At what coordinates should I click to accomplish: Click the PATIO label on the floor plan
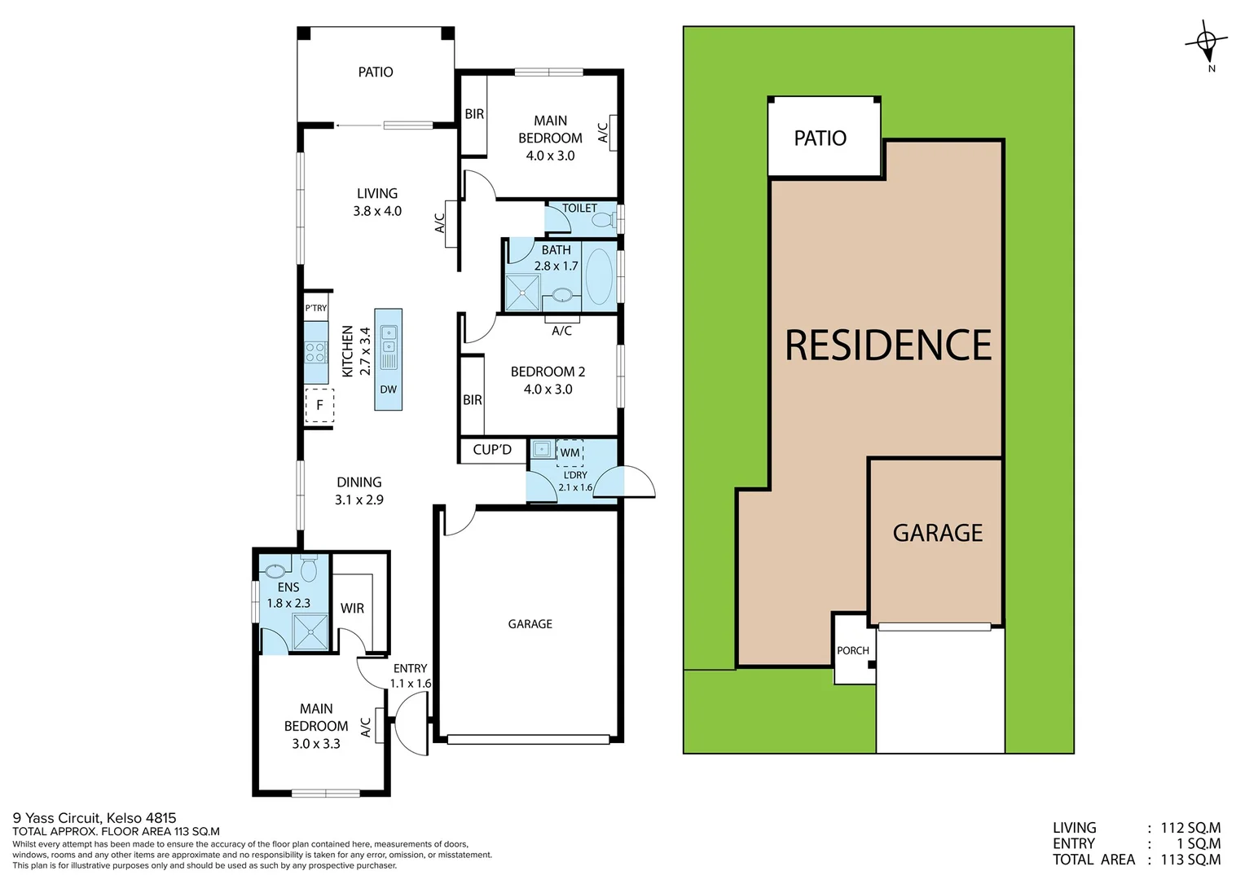[x=376, y=73]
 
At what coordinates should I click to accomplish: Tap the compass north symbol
[x=1208, y=41]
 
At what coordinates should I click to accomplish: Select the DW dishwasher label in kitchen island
[x=389, y=389]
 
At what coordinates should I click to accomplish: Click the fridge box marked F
[x=319, y=405]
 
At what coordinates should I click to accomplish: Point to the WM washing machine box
[x=570, y=452]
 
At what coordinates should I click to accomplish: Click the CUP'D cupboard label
[x=492, y=450]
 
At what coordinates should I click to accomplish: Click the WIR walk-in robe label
[x=352, y=609]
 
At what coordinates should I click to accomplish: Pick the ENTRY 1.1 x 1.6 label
[x=410, y=675]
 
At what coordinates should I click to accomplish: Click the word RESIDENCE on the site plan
[x=888, y=345]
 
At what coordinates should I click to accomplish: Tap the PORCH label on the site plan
[x=853, y=650]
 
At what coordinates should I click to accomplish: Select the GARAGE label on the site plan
[x=938, y=533]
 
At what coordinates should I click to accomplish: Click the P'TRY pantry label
[x=316, y=308]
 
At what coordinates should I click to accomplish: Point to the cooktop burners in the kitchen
[x=315, y=352]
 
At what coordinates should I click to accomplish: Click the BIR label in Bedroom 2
[x=473, y=400]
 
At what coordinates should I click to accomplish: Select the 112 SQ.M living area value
[x=1190, y=828]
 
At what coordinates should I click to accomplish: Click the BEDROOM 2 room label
[x=548, y=372]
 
